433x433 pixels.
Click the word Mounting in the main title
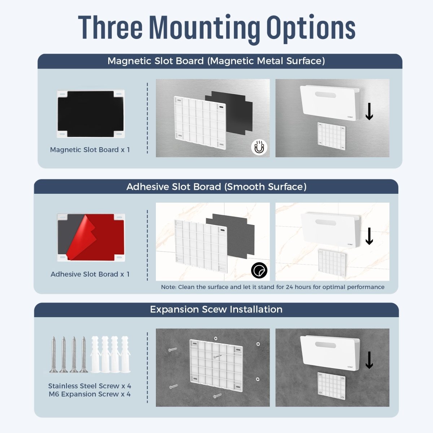[x=204, y=28]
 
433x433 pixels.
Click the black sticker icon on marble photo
[x=259, y=270]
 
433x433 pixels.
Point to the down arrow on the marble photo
[x=369, y=236]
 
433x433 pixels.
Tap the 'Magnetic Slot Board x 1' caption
[x=90, y=150]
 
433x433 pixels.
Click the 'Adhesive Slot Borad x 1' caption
[x=90, y=274]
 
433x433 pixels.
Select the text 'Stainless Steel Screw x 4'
[x=89, y=386]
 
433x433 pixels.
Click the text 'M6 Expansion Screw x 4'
[x=89, y=394]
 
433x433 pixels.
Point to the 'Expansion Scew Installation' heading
[x=216, y=310]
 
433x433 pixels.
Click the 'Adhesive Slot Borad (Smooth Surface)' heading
[x=216, y=187]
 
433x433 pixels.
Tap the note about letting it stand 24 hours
[x=272, y=287]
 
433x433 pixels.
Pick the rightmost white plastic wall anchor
[x=125, y=354]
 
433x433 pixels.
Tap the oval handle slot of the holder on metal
[x=325, y=95]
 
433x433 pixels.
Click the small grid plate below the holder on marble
[x=332, y=263]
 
